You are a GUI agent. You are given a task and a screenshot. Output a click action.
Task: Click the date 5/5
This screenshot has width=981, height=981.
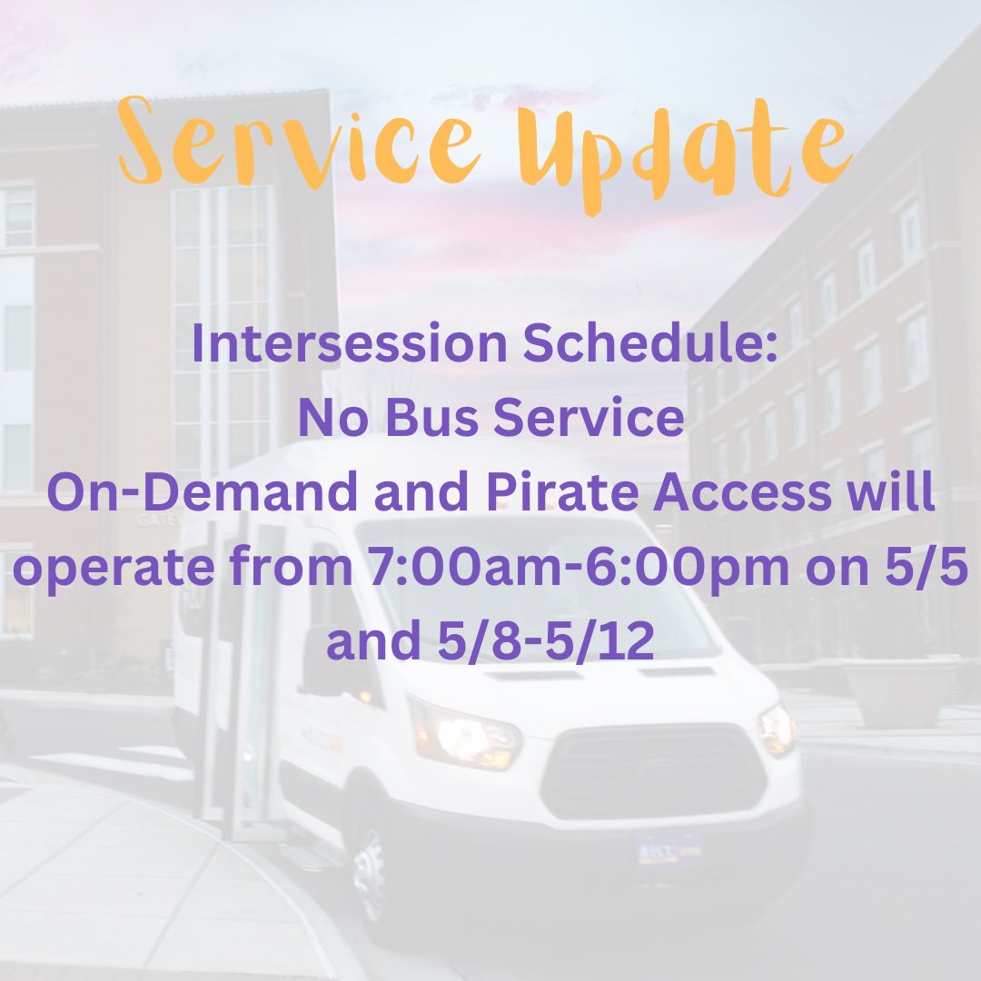[x=936, y=569]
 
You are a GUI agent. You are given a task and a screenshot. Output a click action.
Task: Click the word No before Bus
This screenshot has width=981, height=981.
[x=330, y=418]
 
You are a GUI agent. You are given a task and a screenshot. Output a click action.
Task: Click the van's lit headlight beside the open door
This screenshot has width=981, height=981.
[x=463, y=732]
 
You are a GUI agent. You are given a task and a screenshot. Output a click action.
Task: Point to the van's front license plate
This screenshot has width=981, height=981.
[x=669, y=848]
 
